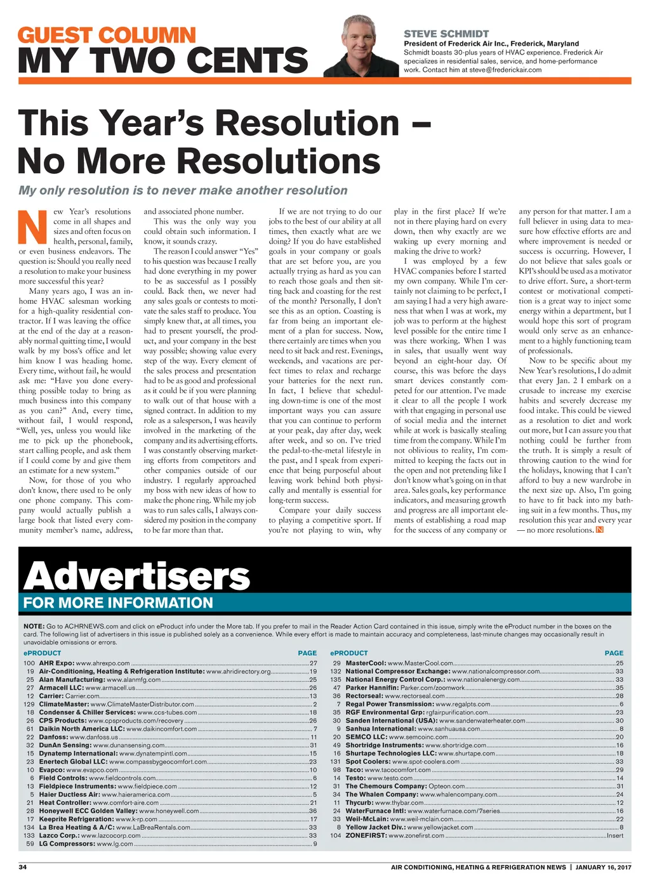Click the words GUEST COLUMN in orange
(107, 35)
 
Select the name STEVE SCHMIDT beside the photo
(446, 34)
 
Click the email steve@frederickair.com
(505, 70)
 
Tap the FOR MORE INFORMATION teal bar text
(118, 603)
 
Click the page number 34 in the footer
(22, 867)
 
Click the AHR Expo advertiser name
(56, 663)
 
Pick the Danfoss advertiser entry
(53, 737)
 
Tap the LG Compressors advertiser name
(67, 844)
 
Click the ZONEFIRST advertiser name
(366, 835)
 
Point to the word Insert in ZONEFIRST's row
(614, 835)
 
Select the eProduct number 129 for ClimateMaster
(29, 704)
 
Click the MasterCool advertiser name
(366, 663)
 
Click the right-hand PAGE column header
(614, 653)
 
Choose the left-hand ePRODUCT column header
(42, 653)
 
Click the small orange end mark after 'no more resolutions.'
(599, 530)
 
